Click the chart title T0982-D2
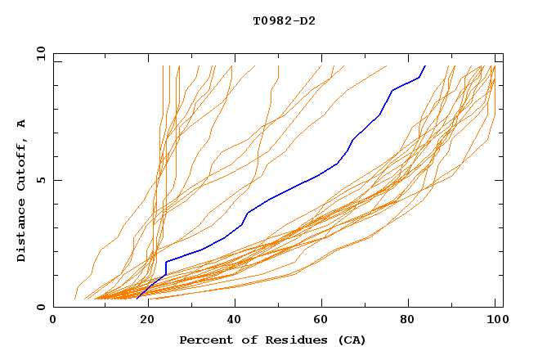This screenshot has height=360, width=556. pyautogui.click(x=284, y=20)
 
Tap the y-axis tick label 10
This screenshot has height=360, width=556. pyautogui.click(x=39, y=53)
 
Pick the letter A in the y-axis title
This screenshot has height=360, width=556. pyautogui.click(x=22, y=124)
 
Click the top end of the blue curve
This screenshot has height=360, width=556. pyautogui.click(x=425, y=66)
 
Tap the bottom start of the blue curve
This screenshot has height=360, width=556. pyautogui.click(x=137, y=298)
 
